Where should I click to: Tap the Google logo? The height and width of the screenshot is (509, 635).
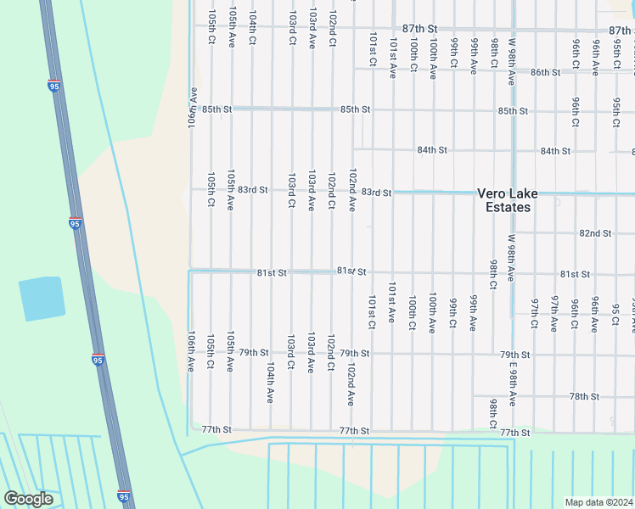(x=28, y=499)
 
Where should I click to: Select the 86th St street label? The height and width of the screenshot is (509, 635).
(x=545, y=73)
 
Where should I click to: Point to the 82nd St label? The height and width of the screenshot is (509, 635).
(x=595, y=233)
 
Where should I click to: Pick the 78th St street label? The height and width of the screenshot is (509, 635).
(x=584, y=397)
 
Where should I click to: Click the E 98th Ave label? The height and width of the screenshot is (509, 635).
(x=513, y=385)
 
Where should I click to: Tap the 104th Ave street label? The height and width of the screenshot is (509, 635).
(x=270, y=383)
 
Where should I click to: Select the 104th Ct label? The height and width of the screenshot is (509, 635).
(x=252, y=28)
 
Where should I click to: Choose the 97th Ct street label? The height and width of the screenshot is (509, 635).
(x=534, y=312)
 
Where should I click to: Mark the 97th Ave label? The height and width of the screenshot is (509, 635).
(x=554, y=312)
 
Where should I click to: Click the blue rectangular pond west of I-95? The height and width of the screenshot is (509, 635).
(x=42, y=299)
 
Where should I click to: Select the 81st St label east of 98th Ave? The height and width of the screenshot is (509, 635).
(x=575, y=274)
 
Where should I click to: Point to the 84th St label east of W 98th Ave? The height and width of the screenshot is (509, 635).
(x=555, y=151)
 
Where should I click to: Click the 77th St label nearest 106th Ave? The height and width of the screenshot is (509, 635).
(x=216, y=430)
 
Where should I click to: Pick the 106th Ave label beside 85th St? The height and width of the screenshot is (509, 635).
(x=193, y=109)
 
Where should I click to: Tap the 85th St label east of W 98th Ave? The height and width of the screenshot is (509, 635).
(x=513, y=111)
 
